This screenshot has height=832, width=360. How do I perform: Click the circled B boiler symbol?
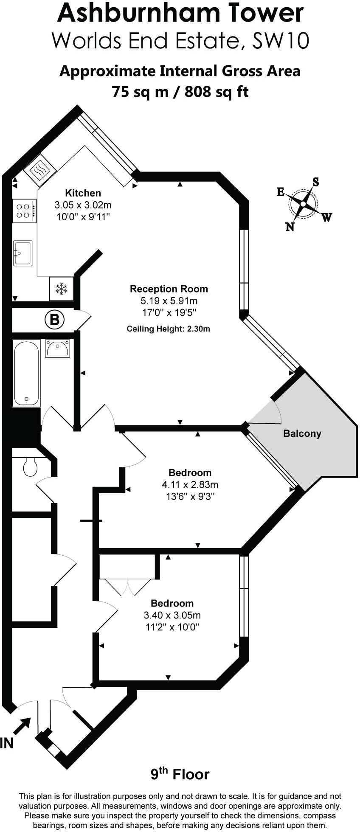tap(54, 319)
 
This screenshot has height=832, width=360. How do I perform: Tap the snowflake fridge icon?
tap(62, 289)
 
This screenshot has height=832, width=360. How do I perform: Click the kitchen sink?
tap(22, 253)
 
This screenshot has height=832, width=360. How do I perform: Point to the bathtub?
tap(26, 373)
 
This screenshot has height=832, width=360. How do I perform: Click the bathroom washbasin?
tap(58, 348)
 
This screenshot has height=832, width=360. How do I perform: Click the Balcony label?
tap(302, 433)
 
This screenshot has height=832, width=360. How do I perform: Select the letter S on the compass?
tap(315, 182)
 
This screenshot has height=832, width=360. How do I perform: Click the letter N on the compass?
tap(290, 227)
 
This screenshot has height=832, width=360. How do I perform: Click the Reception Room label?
tap(169, 289)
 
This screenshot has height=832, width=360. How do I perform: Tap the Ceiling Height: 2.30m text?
tap(168, 329)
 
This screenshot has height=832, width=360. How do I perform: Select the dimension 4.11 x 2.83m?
tap(190, 484)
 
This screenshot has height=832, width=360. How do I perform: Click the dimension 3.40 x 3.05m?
tap(172, 615)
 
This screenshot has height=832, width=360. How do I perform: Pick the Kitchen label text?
tap(83, 193)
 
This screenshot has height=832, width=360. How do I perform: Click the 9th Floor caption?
tap(180, 775)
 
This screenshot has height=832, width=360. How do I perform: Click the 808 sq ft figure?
tap(217, 91)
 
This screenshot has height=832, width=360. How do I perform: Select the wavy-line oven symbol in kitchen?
tap(39, 171)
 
